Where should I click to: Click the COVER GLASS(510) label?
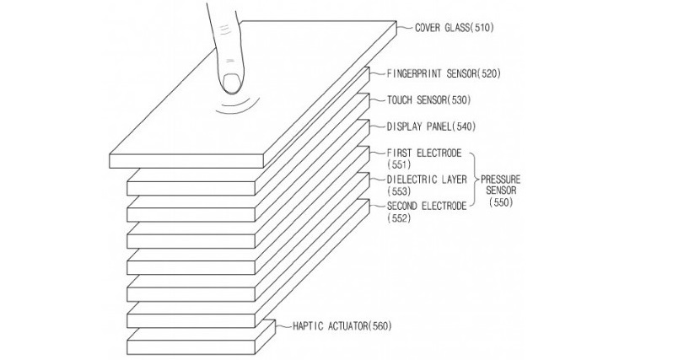pyautogui.click(x=454, y=27)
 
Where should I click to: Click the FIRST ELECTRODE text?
pyautogui.click(x=423, y=153)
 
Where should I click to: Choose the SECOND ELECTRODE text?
pyautogui.click(x=426, y=206)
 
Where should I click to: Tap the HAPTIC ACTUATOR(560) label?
pyautogui.click(x=342, y=325)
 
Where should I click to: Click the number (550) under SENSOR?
pyautogui.click(x=501, y=203)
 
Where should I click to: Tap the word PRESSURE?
pyautogui.click(x=501, y=180)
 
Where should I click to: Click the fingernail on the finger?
pyautogui.click(x=232, y=83)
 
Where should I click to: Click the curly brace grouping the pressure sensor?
pyautogui.click(x=474, y=180)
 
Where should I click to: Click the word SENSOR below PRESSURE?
pyautogui.click(x=501, y=191)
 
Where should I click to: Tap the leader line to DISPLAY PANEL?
pyautogui.click(x=376, y=127)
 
